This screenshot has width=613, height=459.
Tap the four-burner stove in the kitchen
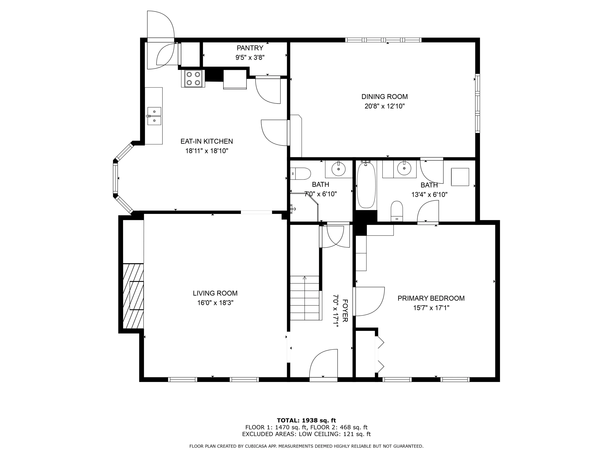point(193,78)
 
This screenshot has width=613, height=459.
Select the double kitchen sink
point(154,116)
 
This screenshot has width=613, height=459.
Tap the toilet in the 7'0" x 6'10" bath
point(300,174)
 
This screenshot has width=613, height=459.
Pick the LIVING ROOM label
point(215,293)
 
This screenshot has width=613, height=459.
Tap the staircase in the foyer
point(305,298)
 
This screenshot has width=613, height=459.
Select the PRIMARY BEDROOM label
point(431,298)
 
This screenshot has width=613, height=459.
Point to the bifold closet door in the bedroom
point(379,354)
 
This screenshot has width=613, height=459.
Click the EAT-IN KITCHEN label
point(207,141)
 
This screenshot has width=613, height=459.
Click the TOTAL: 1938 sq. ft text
point(306,421)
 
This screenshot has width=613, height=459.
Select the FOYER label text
point(345,310)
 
